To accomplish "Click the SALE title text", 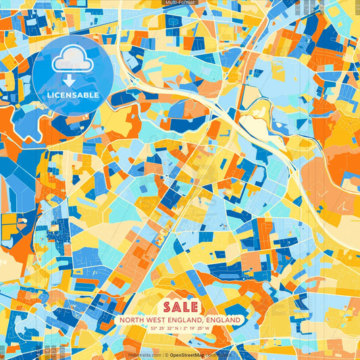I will [x=180, y=307].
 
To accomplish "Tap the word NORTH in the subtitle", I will [x=132, y=319].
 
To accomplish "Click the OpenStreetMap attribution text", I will [x=191, y=355].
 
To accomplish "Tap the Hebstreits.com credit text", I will [x=143, y=355].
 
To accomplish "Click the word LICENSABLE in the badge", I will [x=73, y=95].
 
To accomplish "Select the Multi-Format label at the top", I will [x=180, y=3].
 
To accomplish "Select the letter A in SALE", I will [x=174, y=307].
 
